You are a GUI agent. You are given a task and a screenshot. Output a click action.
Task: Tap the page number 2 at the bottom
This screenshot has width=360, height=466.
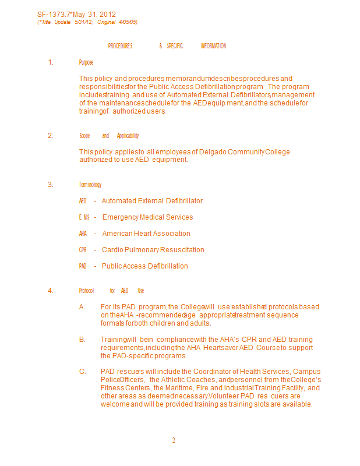pyautogui.click(x=174, y=440)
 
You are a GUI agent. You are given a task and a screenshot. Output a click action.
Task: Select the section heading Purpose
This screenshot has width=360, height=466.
pyautogui.click(x=86, y=62)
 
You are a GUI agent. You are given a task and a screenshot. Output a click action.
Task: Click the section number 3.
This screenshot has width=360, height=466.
pyautogui.click(x=51, y=185)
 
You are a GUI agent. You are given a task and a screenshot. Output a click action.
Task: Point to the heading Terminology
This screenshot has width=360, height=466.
pyautogui.click(x=90, y=185)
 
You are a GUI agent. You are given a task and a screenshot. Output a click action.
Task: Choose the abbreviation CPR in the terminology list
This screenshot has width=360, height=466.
pyautogui.click(x=83, y=250)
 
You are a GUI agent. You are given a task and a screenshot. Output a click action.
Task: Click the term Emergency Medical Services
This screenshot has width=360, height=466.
pyautogui.click(x=147, y=217)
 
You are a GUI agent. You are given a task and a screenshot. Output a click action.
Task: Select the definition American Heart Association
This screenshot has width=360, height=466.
pyautogui.click(x=146, y=234)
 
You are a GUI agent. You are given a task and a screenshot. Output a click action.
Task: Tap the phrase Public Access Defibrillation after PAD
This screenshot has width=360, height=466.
pyautogui.click(x=145, y=266)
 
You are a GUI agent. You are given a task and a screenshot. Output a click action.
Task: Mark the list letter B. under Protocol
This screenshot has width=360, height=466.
pyautogui.click(x=82, y=340)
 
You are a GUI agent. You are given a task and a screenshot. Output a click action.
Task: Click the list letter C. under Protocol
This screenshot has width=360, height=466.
pyautogui.click(x=82, y=372)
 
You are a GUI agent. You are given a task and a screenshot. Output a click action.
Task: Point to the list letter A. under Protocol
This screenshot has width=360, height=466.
pyautogui.click(x=82, y=307)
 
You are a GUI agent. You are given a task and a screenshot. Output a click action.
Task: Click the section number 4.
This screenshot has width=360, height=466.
pyautogui.click(x=51, y=291)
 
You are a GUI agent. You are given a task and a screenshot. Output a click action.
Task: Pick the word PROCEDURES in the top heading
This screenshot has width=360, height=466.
pyautogui.click(x=120, y=46)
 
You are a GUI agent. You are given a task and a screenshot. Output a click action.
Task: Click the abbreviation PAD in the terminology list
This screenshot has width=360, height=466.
pyautogui.click(x=83, y=266)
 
